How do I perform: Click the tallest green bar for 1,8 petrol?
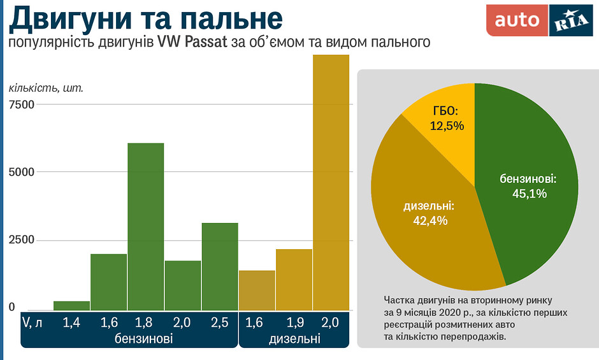click(145, 226)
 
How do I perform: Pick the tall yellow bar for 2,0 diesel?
click(331, 182)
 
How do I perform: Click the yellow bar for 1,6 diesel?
click(257, 290)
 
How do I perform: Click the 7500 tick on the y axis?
click(21, 104)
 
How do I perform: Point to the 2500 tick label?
click(21, 240)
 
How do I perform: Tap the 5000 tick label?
click(21, 172)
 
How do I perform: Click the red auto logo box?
click(517, 20)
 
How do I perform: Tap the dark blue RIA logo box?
click(570, 20)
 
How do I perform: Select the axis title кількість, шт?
click(46, 87)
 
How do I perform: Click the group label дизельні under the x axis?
click(294, 340)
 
